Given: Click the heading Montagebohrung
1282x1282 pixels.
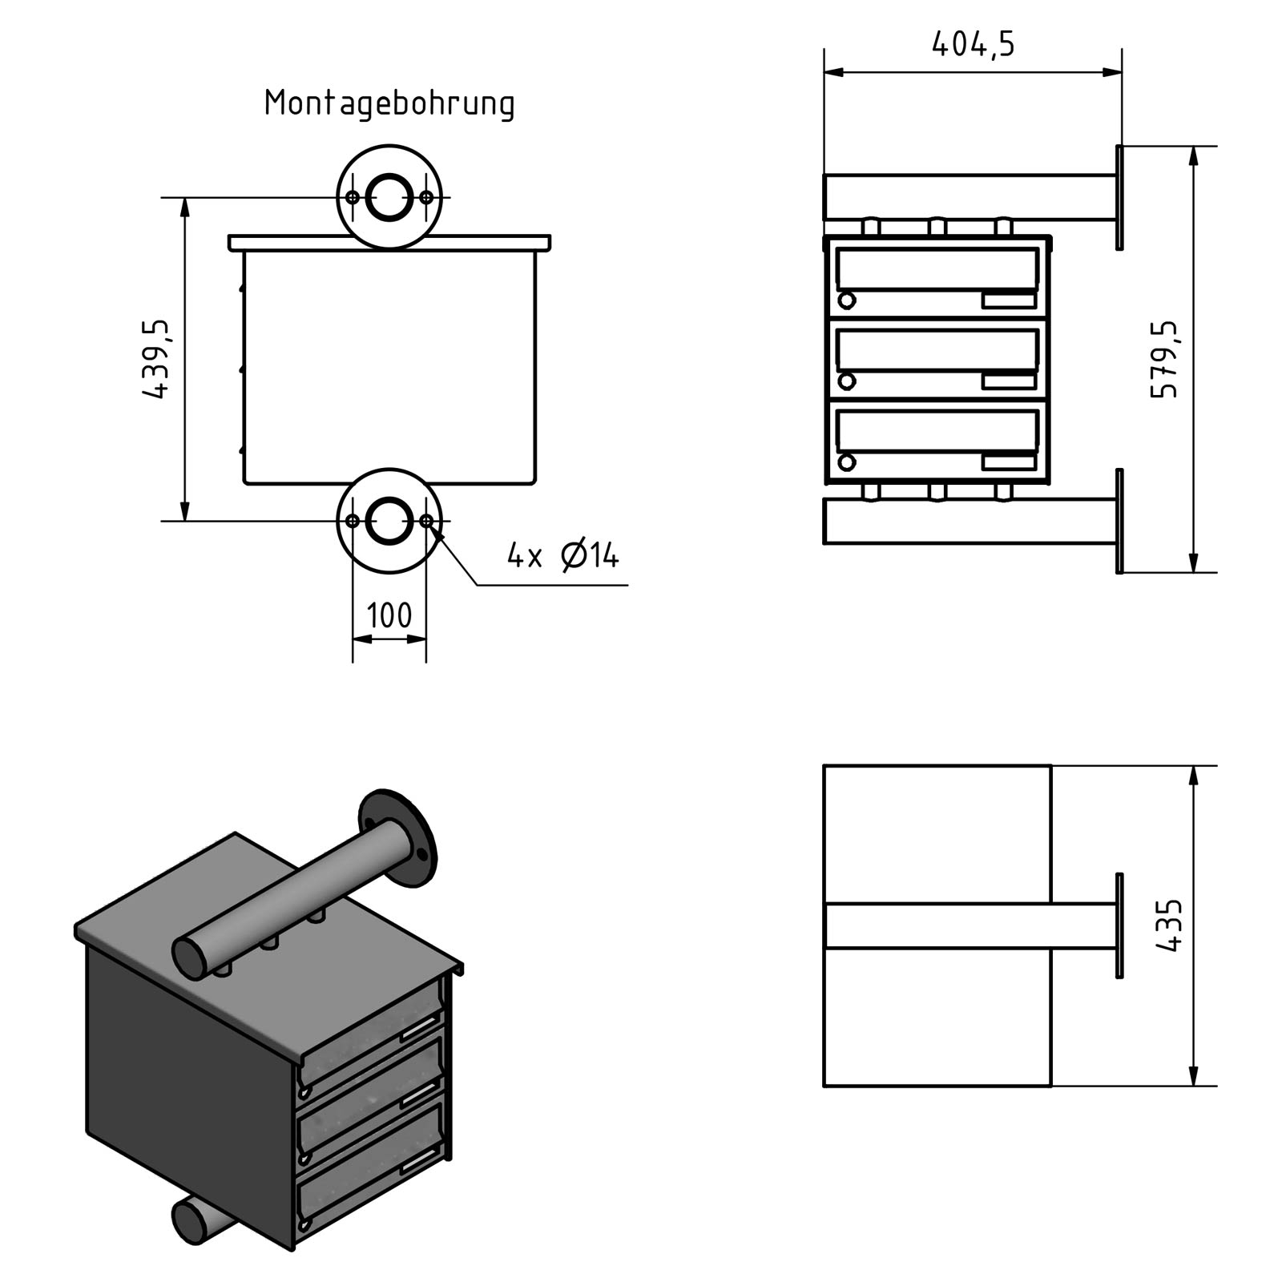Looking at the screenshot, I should [x=389, y=104].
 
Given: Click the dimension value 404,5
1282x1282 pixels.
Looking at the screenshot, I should [x=973, y=44].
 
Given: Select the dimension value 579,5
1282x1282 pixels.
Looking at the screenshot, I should [x=1165, y=359].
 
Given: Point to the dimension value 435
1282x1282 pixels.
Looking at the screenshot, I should [x=1170, y=925].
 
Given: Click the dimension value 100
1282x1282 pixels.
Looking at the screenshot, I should [x=389, y=615].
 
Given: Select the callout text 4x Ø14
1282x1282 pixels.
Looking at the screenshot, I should [x=562, y=555].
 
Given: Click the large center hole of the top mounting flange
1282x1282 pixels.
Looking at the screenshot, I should [x=389, y=197].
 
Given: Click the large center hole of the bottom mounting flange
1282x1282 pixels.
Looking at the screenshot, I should [x=389, y=521].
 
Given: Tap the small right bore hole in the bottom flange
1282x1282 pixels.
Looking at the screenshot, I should [x=426, y=521].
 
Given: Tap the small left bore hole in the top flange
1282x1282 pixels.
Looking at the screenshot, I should [x=353, y=197].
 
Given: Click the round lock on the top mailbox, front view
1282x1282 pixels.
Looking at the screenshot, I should [x=846, y=301].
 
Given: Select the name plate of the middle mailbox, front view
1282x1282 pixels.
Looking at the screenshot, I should [x=1009, y=381].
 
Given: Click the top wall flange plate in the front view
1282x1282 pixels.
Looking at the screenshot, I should [x=1119, y=197].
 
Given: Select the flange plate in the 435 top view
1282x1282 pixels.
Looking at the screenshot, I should [x=1119, y=925].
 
